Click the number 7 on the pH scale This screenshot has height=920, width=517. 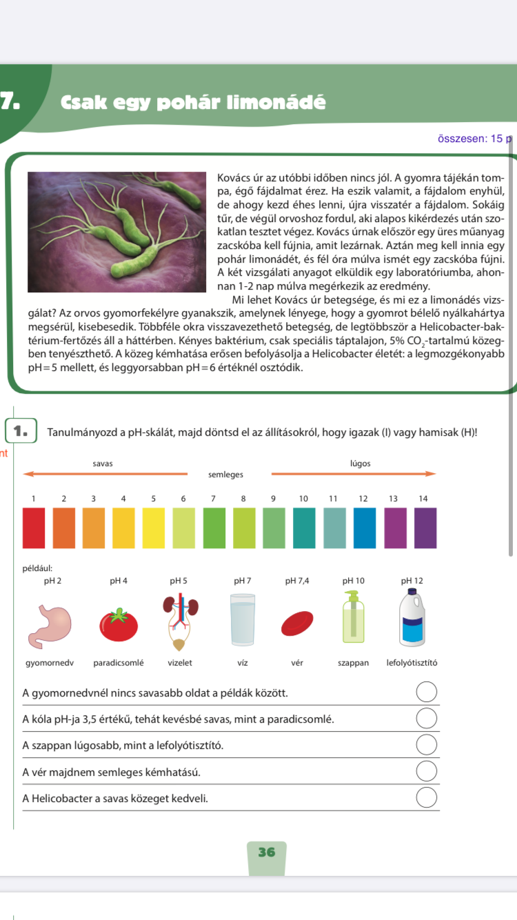point(214,499)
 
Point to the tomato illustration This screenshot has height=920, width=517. point(119,625)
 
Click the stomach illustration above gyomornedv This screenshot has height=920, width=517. point(43,624)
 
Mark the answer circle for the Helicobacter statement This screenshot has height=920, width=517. point(427,797)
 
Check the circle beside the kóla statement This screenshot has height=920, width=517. point(427,719)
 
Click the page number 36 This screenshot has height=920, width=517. point(266,852)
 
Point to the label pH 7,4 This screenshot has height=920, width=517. point(297,581)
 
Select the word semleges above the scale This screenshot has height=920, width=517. point(225,474)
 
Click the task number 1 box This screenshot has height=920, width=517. point(20,432)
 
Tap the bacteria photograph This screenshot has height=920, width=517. point(117,231)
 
